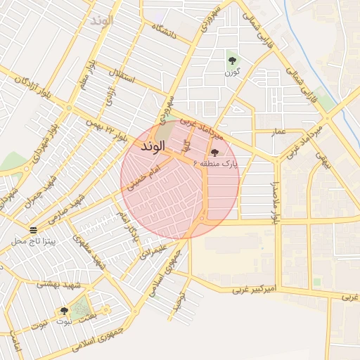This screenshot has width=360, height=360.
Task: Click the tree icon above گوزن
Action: pyautogui.click(x=232, y=60)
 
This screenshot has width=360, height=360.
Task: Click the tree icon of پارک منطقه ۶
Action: pyautogui.click(x=214, y=153)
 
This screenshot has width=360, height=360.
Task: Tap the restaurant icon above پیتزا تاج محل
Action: pyautogui.click(x=33, y=230)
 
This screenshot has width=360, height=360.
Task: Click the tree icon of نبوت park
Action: pyautogui.click(x=64, y=311)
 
